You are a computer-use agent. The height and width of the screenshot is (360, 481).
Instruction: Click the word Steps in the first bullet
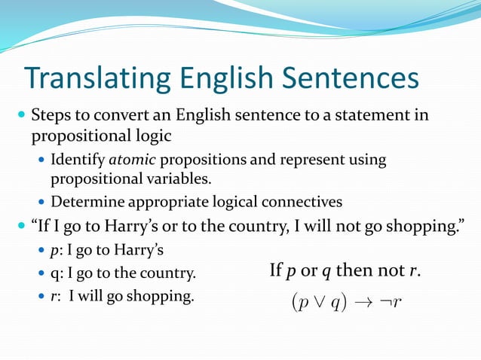point(50,116)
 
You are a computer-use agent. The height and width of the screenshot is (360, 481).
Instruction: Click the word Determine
point(83,202)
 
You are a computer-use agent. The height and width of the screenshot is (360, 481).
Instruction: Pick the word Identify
point(78,160)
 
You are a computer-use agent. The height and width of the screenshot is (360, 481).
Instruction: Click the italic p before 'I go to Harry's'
point(54,250)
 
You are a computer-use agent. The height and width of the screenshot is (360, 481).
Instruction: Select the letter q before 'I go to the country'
point(54,273)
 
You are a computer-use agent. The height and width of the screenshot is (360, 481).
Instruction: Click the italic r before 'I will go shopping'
point(53,295)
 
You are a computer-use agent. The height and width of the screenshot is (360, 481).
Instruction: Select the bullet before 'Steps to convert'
point(20,117)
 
